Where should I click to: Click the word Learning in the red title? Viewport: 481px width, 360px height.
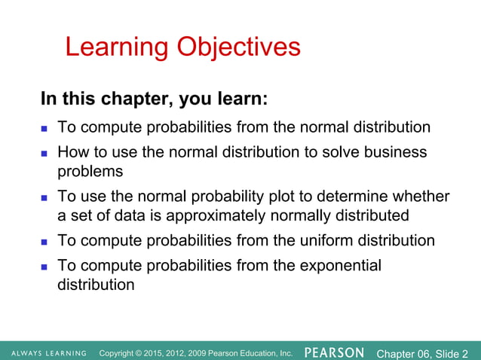click(117, 47)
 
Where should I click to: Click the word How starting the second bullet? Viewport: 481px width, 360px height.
click(73, 152)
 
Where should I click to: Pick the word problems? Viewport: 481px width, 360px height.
click(91, 171)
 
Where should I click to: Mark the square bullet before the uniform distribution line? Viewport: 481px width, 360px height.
click(44, 242)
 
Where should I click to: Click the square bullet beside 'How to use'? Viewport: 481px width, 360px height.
click(44, 153)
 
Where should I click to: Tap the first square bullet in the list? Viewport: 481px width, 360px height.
click(44, 127)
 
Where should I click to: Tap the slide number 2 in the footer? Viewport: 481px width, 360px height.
click(464, 352)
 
